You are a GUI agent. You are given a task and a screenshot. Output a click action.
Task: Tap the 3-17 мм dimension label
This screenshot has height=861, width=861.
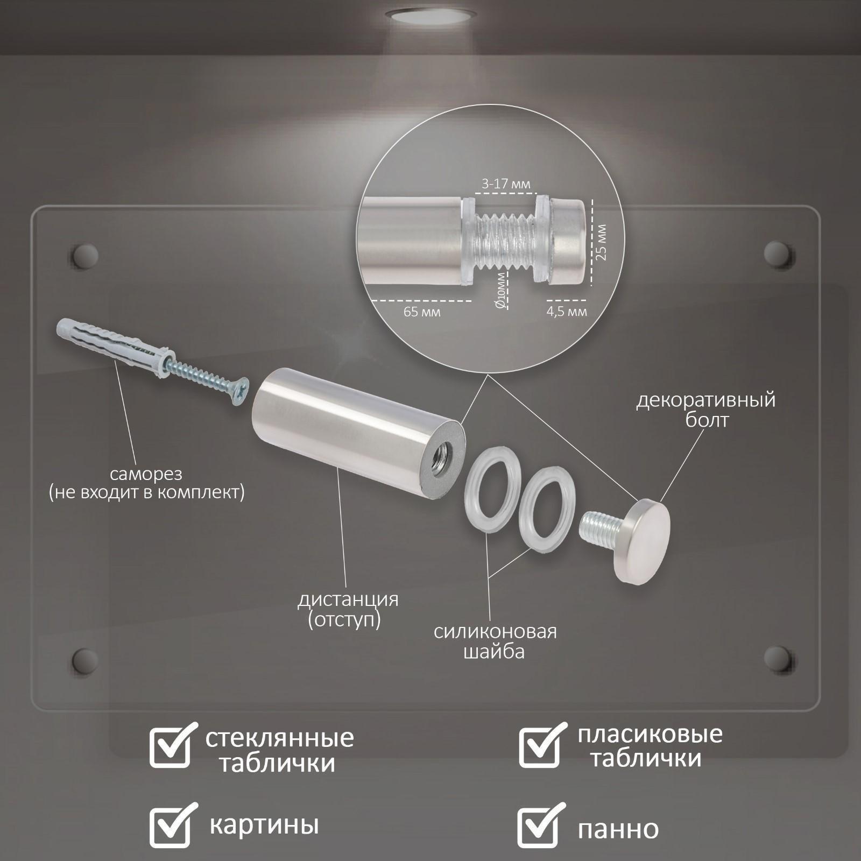pos(506,184)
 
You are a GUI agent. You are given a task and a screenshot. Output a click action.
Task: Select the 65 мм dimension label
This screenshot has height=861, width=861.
pos(422,312)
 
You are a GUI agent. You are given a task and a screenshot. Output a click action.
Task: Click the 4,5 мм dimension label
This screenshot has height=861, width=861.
pos(566,312)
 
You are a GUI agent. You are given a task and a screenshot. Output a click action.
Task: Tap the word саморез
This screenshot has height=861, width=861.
pos(146,474)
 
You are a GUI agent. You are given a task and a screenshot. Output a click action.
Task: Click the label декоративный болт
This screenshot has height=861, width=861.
pos(706,410)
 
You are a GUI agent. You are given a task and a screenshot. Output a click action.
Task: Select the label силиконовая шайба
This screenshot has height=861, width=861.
pos(495,641)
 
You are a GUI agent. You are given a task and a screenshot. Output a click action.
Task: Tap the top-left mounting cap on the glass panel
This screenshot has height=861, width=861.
pos(85,256)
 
